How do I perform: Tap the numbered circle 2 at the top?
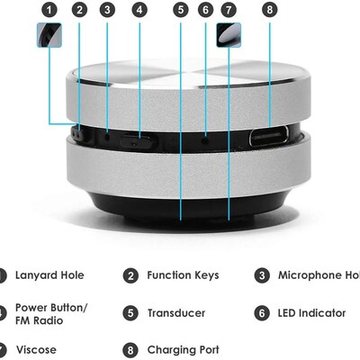click(x=79, y=10)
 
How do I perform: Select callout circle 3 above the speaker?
click(x=107, y=10)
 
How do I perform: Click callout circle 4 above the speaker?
click(x=139, y=10)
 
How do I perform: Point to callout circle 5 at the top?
click(x=181, y=10)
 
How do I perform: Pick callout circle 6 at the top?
click(x=205, y=10)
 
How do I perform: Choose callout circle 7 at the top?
click(x=229, y=10)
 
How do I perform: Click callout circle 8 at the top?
click(x=269, y=10)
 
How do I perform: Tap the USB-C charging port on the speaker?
click(x=267, y=137)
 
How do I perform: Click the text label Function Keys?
click(x=183, y=275)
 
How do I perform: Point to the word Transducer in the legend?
click(x=176, y=313)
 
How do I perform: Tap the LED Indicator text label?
click(x=311, y=313)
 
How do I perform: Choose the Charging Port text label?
click(x=183, y=350)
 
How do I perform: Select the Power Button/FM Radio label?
click(x=51, y=313)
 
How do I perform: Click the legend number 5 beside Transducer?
click(x=130, y=313)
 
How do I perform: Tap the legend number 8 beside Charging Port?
click(x=130, y=350)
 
